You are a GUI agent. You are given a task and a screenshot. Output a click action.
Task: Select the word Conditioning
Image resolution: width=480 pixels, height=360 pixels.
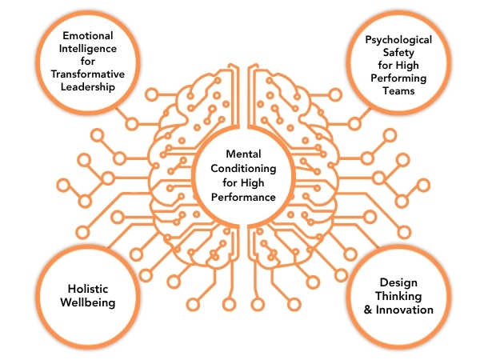pos(238,169)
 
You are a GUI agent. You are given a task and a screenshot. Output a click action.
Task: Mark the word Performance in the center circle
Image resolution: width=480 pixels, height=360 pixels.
pos(238,198)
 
